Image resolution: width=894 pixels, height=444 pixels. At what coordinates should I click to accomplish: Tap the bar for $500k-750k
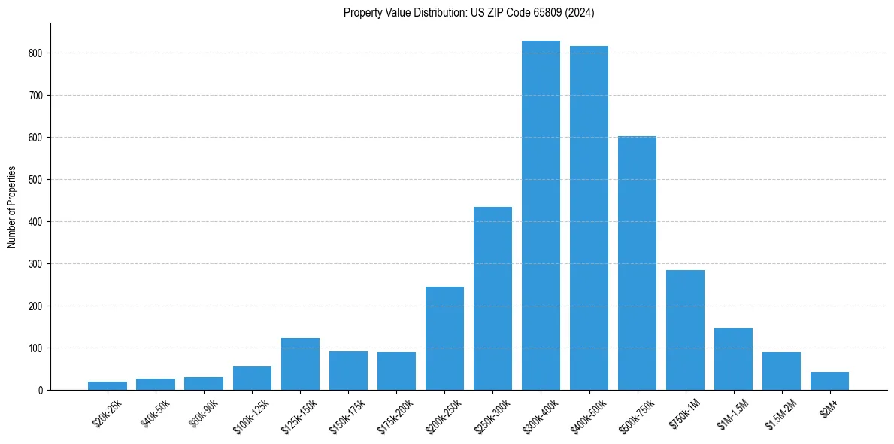pos(637,263)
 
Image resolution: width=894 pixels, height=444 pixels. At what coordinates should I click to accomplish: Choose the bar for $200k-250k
pos(444,339)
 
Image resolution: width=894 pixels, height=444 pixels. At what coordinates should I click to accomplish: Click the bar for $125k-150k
pos(300,364)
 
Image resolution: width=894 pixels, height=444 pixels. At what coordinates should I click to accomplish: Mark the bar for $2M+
pos(829,381)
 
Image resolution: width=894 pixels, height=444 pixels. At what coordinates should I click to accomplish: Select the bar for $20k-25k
pos(108,386)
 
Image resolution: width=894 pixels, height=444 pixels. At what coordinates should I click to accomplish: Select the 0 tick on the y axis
pos(41,391)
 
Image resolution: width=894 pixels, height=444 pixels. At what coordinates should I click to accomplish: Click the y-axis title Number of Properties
pos(12,206)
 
